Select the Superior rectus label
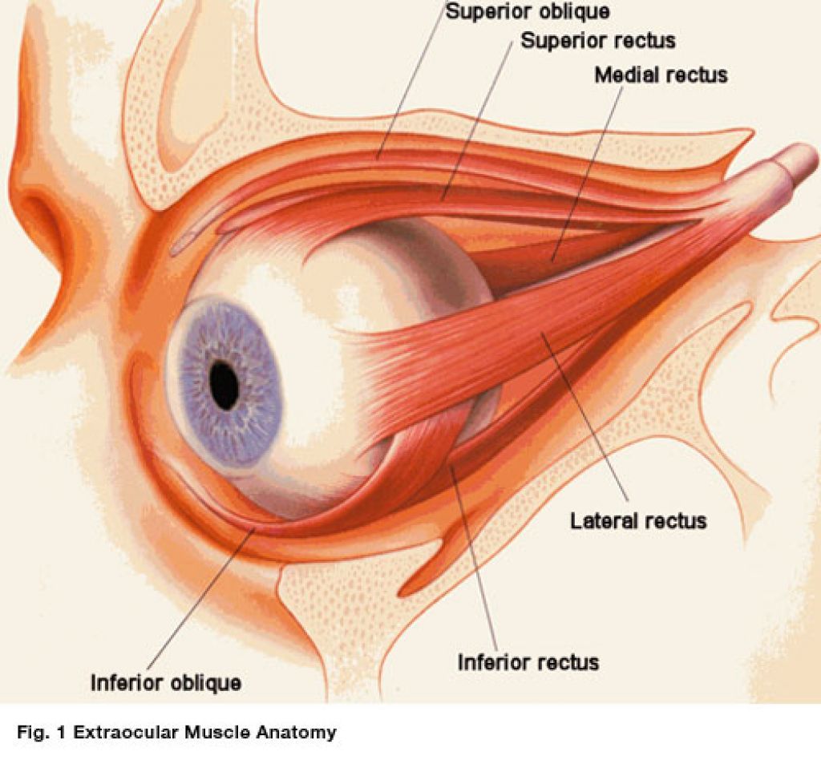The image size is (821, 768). (598, 41)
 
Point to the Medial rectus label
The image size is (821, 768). (661, 75)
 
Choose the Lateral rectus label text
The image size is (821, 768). (638, 521)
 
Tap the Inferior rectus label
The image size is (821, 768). (528, 662)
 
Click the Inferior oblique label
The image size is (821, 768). (166, 683)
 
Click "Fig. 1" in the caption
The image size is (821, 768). (42, 732)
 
